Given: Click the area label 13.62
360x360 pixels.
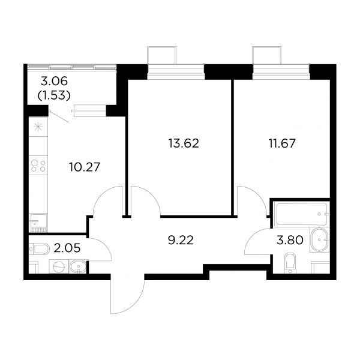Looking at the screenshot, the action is (184, 143).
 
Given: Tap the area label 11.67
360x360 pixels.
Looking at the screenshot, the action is (282, 143).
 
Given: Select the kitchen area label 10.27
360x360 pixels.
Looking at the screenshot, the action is (85, 167).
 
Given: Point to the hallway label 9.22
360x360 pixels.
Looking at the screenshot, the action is (181, 240).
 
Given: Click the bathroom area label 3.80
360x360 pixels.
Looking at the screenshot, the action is (290, 240).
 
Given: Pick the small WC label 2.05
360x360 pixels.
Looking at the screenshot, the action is (67, 248).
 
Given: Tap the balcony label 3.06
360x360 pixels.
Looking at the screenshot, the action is (54, 81).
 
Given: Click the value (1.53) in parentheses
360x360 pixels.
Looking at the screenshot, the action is (54, 95).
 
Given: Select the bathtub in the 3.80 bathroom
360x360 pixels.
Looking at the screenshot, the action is (301, 214).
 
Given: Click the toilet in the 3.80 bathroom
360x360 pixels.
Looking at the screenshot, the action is (290, 263).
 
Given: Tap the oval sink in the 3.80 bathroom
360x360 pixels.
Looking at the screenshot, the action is (319, 239).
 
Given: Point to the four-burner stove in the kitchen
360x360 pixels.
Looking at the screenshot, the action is (38, 166).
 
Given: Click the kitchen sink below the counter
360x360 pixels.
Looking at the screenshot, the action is (38, 222).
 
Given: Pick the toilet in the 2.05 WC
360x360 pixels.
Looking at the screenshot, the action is (39, 249).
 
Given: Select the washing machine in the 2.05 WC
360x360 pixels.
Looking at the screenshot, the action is (59, 267).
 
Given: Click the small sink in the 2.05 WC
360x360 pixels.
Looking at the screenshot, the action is (79, 267).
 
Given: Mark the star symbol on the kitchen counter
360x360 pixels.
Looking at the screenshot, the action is (38, 127).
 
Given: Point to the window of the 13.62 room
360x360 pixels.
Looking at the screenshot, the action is (176, 71).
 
